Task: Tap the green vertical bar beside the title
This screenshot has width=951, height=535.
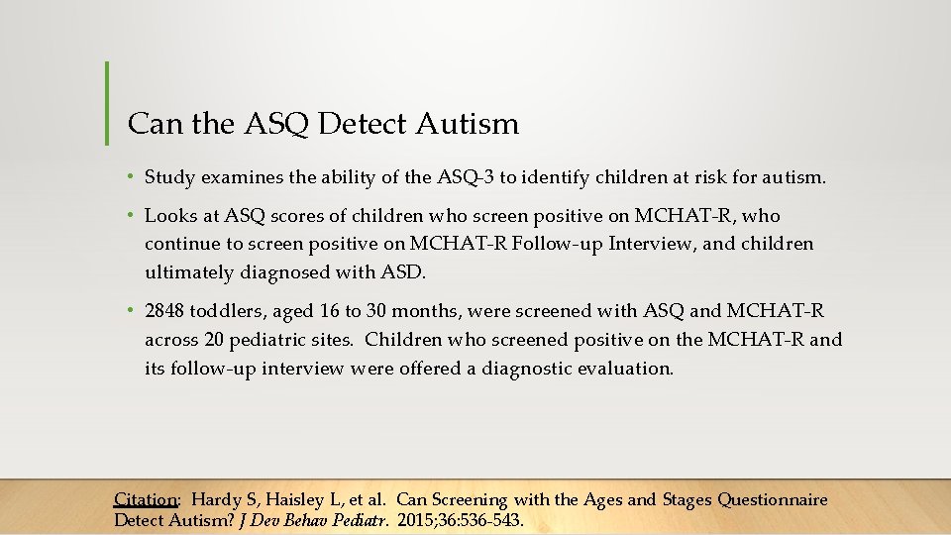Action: point(106,103)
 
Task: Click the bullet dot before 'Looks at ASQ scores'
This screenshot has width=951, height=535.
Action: point(132,215)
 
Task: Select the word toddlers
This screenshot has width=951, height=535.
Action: point(226,312)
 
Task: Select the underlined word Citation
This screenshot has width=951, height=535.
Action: point(146,500)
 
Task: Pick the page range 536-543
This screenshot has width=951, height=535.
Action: point(489,520)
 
